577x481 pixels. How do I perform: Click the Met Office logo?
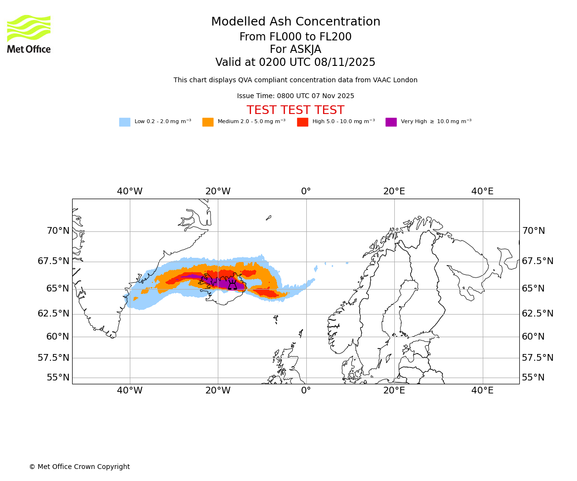coord(29,34)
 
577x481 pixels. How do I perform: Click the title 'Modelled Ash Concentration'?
coord(296,22)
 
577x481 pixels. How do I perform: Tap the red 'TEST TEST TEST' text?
coord(296,111)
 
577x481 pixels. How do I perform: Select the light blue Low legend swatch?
coord(125,122)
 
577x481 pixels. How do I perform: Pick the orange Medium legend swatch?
coord(208,122)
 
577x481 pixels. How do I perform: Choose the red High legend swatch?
coord(302,122)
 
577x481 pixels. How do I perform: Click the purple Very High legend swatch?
coord(391,122)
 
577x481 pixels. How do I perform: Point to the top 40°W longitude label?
coord(130,191)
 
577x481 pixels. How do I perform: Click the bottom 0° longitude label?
coord(306,391)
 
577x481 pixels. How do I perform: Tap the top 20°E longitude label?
coord(394,191)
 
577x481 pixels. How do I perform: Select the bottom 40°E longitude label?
coord(482,391)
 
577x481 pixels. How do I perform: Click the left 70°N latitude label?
coord(58,231)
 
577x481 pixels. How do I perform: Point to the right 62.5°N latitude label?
coord(538,314)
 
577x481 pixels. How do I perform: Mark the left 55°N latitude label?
coord(58,378)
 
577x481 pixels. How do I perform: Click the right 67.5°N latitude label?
coord(538,261)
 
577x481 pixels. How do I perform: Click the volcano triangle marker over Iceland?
coord(232,285)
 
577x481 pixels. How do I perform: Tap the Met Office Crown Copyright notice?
coord(79,467)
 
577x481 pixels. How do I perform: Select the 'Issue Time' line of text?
coord(296,96)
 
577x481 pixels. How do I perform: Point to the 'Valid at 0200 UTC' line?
coord(296,63)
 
